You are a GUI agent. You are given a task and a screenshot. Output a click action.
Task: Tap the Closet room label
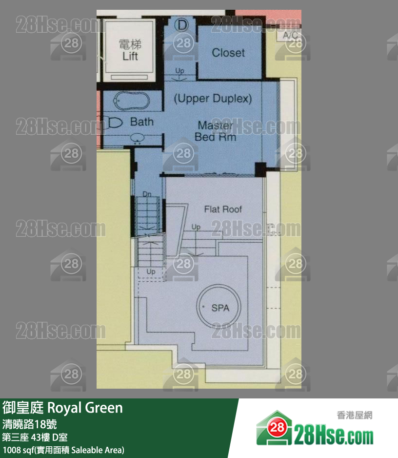[228, 52]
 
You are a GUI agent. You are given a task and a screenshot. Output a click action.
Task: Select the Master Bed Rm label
[215, 131]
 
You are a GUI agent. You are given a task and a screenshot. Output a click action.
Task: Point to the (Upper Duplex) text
[213, 99]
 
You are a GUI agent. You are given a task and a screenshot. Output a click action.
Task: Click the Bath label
[141, 122]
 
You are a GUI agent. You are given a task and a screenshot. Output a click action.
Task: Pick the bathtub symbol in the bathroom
[131, 102]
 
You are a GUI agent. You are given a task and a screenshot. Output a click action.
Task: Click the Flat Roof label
[223, 209]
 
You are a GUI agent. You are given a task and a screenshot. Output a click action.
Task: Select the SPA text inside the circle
[220, 308]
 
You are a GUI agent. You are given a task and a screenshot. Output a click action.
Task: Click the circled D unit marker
[181, 24]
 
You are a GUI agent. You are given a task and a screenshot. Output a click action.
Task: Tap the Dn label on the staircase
[147, 194]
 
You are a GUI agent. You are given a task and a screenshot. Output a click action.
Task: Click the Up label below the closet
[179, 71]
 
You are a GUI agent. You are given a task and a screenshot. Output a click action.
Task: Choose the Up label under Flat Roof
[196, 227]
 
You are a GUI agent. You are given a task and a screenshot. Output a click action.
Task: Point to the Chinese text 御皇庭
[23, 407]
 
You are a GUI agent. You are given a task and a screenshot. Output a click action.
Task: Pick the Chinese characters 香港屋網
[355, 416]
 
